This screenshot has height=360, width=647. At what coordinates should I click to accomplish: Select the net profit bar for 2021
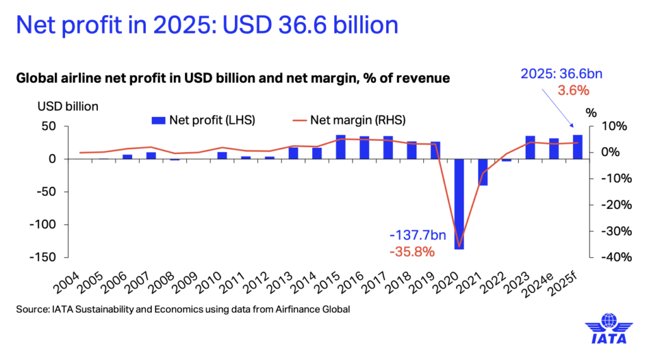[483, 172]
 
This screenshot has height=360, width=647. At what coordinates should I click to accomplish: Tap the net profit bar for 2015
[341, 147]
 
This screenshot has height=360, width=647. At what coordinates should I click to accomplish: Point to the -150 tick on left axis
[45, 257]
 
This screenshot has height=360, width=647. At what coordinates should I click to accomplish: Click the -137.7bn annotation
[418, 236]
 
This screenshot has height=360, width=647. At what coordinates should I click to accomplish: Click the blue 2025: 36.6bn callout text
[561, 73]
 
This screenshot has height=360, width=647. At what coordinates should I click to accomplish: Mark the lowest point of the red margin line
[459, 246]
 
